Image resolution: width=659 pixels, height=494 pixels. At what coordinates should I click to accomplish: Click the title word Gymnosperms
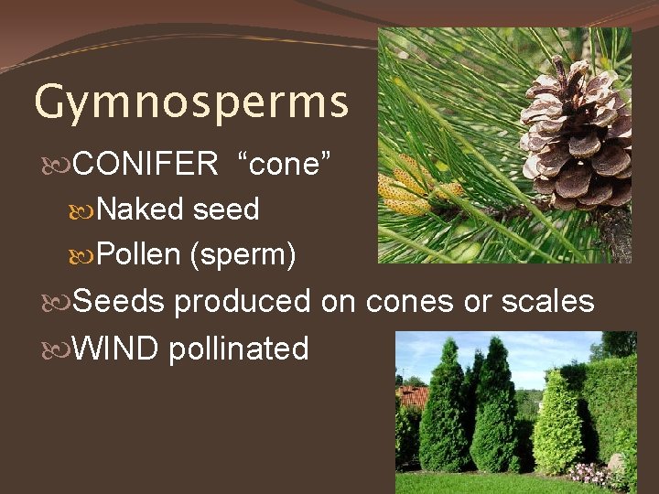[x=191, y=102]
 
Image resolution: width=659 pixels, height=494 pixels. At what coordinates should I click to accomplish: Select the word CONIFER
[x=146, y=165]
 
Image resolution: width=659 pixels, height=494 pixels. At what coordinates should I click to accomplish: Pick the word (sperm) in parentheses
[x=242, y=255]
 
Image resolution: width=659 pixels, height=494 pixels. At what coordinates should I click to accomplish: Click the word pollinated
[x=239, y=349]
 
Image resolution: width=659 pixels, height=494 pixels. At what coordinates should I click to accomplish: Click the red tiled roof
[x=414, y=395]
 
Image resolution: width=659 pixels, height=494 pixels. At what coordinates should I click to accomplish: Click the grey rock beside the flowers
[x=618, y=463]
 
